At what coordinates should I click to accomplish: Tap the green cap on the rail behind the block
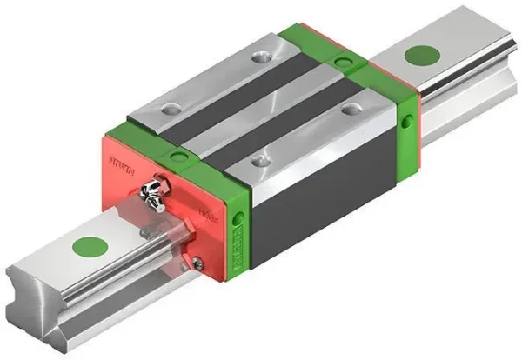423,54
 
